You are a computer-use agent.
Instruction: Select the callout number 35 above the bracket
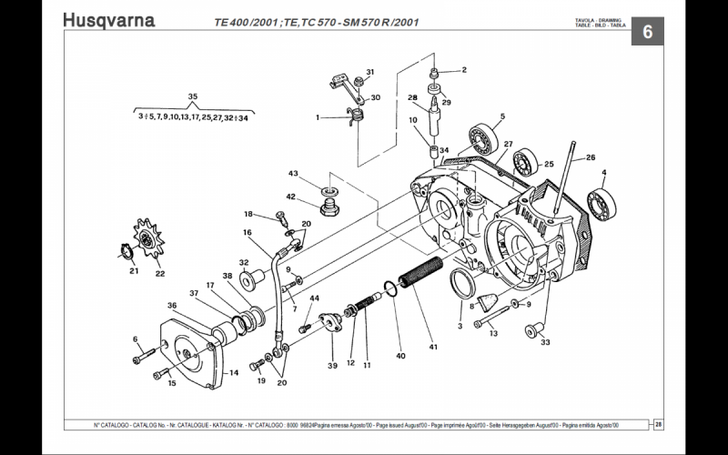point(192,96)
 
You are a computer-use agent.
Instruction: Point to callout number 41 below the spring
point(434,346)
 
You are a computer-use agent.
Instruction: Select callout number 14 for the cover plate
point(234,372)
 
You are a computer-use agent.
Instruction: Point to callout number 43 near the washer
point(294,174)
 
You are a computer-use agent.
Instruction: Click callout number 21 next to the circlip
point(133,270)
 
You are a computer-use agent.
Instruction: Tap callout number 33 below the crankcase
point(546,343)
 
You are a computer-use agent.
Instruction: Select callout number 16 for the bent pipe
point(247,233)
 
